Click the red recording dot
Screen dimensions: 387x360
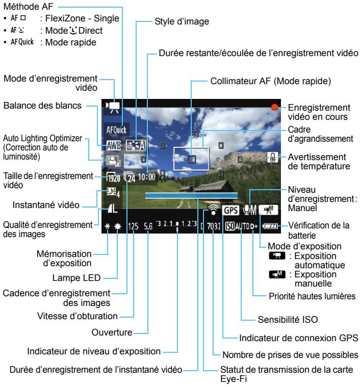point(276,108)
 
